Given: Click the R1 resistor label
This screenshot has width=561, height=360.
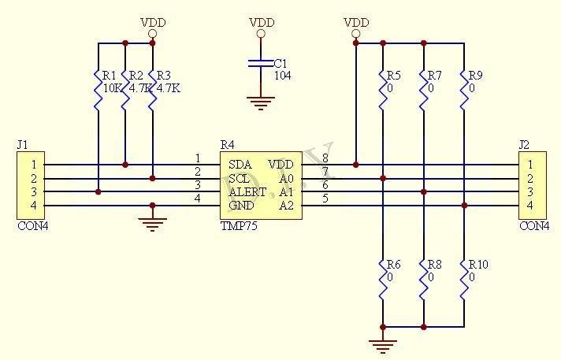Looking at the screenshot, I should (x=110, y=76).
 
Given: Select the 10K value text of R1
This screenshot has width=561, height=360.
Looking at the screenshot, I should (x=113, y=88).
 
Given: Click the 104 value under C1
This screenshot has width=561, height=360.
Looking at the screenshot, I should (x=283, y=76).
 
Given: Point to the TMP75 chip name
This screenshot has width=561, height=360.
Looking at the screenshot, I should (x=239, y=225).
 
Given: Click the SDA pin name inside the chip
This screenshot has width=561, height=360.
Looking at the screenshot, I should (x=240, y=165).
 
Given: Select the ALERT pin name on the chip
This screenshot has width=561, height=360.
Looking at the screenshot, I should (x=247, y=191).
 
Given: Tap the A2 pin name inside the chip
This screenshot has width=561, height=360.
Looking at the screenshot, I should (x=286, y=205).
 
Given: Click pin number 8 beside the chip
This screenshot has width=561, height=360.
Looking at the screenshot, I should (x=325, y=158).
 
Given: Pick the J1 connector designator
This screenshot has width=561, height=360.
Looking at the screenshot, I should (x=22, y=144).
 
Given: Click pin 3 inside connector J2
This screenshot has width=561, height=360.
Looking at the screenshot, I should (x=530, y=191).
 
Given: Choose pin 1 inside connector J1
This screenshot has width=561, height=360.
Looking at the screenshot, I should (x=33, y=165).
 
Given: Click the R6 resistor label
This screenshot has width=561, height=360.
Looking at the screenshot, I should (x=393, y=265).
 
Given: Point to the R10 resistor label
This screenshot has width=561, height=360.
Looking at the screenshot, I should (x=478, y=265).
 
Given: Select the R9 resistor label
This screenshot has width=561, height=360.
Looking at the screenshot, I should (x=475, y=76).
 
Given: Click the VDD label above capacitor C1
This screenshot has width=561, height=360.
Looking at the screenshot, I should (x=262, y=23).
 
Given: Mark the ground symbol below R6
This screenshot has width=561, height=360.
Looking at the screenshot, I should (x=384, y=344).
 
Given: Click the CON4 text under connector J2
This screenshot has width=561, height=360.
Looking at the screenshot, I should (x=534, y=225).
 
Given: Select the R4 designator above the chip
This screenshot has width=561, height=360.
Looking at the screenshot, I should (x=227, y=144).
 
